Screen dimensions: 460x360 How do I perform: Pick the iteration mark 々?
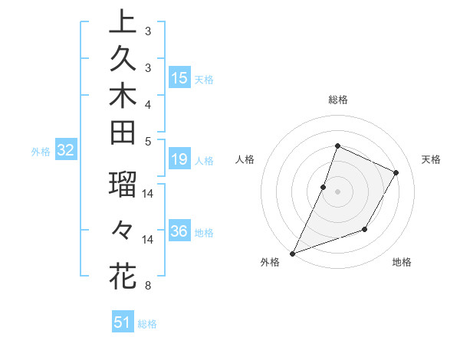click(x=122, y=229)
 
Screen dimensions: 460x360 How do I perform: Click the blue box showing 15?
click(x=179, y=77)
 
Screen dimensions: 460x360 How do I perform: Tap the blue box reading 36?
click(x=179, y=231)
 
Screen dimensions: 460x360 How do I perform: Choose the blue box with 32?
click(x=66, y=151)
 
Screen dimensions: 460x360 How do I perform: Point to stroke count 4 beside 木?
click(x=147, y=104)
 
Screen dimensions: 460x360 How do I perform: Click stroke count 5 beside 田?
click(x=147, y=141)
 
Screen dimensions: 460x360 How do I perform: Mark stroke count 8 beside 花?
click(x=147, y=286)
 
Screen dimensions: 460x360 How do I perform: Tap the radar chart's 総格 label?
click(x=337, y=100)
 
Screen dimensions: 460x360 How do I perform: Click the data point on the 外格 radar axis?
click(x=293, y=253)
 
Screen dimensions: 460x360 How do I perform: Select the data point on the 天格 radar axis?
click(x=396, y=173)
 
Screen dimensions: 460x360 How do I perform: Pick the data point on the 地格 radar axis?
click(x=366, y=229)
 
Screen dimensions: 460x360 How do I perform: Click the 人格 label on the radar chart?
click(x=245, y=159)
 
